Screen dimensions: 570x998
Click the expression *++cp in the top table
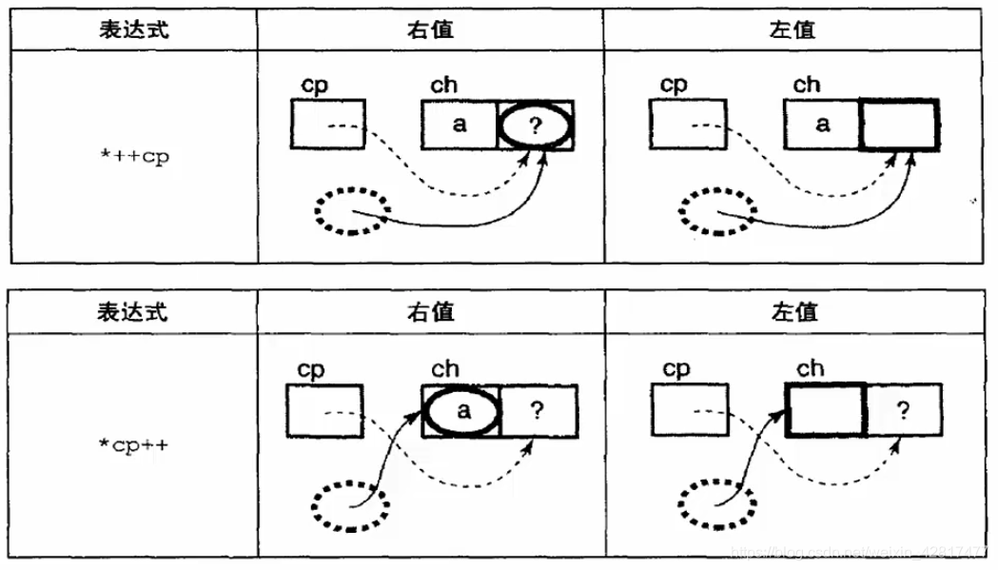click(134, 158)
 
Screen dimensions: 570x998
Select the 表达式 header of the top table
click(134, 29)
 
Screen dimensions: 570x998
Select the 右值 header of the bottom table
click(430, 312)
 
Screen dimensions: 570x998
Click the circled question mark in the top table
click(536, 126)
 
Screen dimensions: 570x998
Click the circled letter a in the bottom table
click(462, 412)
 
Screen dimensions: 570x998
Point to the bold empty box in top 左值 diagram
click(899, 125)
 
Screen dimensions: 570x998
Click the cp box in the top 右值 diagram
click(327, 125)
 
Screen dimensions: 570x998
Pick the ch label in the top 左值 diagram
click(807, 85)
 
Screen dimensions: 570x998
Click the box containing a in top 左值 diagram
click(824, 125)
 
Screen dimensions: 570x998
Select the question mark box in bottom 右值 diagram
click(538, 411)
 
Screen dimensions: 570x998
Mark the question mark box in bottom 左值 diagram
click(903, 411)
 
